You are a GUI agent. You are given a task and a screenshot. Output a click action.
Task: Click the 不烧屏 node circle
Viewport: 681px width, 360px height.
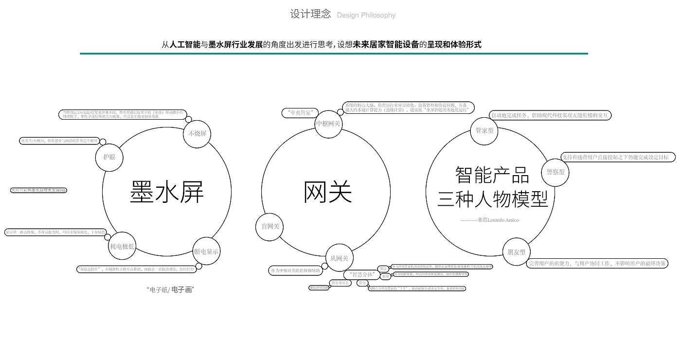click(197, 134)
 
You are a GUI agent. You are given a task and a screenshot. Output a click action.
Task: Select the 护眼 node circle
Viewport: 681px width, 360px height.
click(109, 157)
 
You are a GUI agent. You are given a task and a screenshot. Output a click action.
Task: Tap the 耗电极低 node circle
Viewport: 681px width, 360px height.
click(122, 246)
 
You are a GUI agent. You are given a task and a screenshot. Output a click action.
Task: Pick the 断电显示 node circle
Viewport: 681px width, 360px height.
click(206, 252)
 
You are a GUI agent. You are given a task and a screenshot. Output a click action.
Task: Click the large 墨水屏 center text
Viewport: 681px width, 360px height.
click(166, 192)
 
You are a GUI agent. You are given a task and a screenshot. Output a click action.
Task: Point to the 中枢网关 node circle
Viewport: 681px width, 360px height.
click(328, 124)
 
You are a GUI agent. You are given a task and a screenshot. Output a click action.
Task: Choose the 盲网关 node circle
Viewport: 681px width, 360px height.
click(270, 227)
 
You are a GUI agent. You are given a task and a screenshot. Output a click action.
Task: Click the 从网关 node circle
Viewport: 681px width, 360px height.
click(339, 258)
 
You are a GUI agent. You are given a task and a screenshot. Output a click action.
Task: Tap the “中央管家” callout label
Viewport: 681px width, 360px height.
click(300, 113)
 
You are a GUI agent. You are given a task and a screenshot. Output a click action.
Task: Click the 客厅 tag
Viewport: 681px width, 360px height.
click(383, 269)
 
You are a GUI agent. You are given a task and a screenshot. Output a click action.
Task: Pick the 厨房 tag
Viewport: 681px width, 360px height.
click(385, 276)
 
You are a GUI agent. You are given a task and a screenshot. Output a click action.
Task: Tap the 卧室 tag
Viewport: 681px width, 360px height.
click(362, 283)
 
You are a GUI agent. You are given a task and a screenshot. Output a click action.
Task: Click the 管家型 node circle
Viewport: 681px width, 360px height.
click(484, 131)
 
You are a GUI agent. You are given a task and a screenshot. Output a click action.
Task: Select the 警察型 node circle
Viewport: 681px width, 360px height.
click(556, 172)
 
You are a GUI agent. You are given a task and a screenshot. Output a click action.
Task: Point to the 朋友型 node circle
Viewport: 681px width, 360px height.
click(516, 252)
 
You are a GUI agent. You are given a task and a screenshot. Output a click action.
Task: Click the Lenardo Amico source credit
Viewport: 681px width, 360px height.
click(490, 220)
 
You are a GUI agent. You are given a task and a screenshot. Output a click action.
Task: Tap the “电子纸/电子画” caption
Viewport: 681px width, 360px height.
click(170, 290)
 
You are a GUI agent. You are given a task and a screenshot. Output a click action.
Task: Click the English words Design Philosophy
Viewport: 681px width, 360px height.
click(366, 15)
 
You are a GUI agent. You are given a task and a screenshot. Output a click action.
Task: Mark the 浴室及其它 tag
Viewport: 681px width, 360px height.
click(340, 283)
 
